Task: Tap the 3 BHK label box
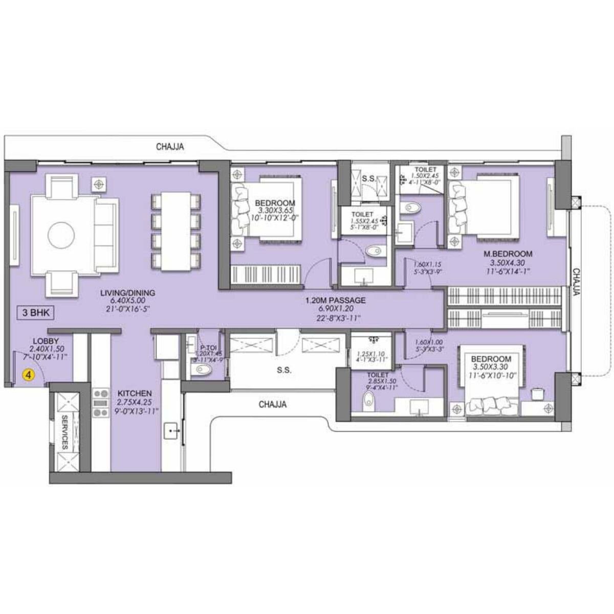(x=35, y=313)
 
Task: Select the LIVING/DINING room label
(x=127, y=293)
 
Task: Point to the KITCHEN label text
(x=135, y=393)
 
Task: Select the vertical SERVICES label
(x=65, y=433)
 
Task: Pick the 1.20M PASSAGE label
(x=335, y=300)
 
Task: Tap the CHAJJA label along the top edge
(x=170, y=147)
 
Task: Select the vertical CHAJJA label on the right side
(x=576, y=282)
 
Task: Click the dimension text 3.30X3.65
(x=275, y=210)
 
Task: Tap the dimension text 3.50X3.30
(x=491, y=367)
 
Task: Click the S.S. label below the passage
(x=284, y=370)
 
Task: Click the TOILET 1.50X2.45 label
(x=425, y=169)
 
